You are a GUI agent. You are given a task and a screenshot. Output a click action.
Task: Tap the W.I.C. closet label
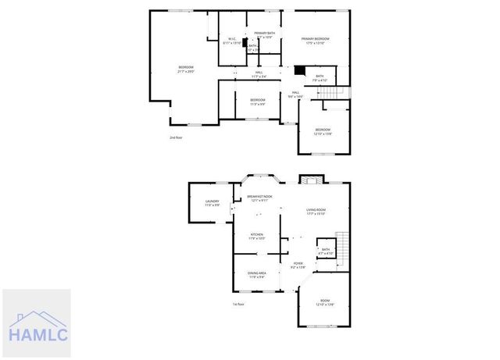tap(232, 41)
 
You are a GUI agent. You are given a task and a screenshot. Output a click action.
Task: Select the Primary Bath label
tap(264, 34)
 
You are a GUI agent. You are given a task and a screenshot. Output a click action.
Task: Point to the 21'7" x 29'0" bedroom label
tap(186, 69)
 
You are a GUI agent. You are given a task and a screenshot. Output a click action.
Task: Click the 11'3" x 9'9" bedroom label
tap(257, 102)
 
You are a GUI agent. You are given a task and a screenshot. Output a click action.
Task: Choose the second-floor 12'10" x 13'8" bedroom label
tap(323, 131)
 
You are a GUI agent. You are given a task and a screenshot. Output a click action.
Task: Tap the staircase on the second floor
tap(331, 92)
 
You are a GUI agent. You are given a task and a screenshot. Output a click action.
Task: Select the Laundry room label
tap(212, 203)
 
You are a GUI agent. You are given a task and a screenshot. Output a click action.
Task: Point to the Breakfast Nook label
tap(259, 198)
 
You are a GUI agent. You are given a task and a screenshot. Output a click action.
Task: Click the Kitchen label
tap(257, 236)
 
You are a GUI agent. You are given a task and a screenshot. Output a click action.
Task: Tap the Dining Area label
tap(257, 274)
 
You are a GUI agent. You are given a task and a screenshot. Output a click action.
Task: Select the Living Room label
tap(315, 212)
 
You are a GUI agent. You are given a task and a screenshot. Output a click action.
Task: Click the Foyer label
tap(298, 265)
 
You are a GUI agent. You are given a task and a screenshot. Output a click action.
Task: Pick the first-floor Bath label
tap(326, 252)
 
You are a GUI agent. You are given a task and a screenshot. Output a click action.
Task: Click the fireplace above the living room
tap(310, 180)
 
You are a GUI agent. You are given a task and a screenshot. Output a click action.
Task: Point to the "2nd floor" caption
tap(176, 137)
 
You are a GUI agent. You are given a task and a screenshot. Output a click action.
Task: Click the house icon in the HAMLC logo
tap(35, 317)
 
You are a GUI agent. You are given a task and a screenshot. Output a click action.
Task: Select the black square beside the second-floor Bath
tap(298, 69)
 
